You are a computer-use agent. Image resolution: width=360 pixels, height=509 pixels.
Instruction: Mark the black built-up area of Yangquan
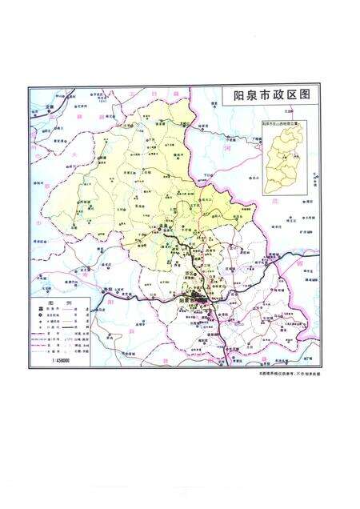tap(195, 302)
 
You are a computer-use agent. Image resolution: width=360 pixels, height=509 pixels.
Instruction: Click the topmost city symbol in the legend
tap(36, 310)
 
